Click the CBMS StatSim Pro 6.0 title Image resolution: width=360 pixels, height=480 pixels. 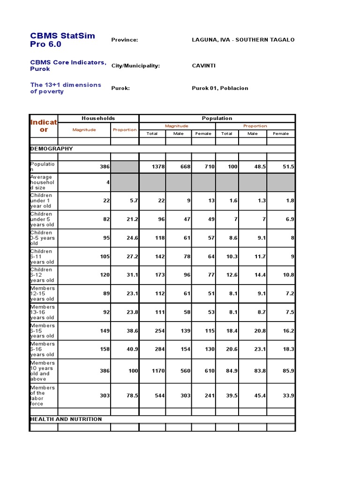click(x=62, y=40)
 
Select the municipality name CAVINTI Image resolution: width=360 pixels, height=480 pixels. click(x=203, y=66)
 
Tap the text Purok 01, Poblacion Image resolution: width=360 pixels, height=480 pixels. click(x=220, y=88)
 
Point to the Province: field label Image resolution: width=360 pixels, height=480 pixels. click(x=124, y=40)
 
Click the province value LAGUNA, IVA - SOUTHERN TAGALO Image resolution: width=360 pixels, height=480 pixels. click(x=243, y=40)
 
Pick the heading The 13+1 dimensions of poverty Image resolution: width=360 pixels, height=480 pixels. click(x=66, y=88)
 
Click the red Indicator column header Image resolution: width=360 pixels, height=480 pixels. click(x=44, y=126)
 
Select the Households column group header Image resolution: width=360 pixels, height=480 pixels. click(x=98, y=119)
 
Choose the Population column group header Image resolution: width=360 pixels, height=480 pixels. click(x=217, y=119)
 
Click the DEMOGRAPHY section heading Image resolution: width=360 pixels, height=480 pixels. click(x=52, y=149)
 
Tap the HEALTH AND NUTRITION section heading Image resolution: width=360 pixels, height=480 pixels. click(x=66, y=419)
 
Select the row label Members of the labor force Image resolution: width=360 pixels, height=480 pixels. click(x=43, y=396)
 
